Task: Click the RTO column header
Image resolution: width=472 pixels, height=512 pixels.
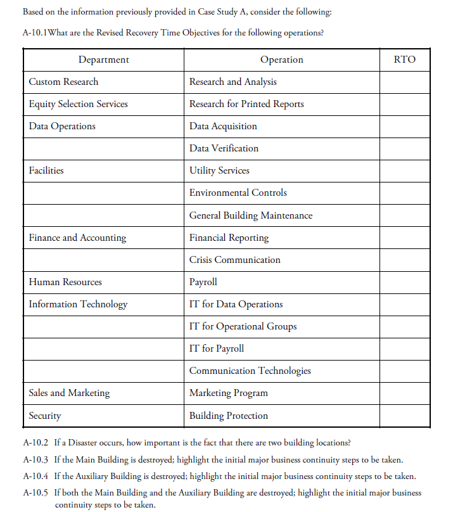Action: pos(404,60)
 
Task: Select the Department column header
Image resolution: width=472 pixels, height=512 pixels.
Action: pos(103,60)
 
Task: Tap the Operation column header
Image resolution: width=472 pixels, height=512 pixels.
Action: pos(281,60)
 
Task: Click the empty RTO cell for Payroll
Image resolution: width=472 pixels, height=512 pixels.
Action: pos(404,282)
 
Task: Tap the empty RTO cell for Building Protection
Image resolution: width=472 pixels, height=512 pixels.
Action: pos(404,416)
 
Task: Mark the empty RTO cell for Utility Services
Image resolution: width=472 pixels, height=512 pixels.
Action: pos(404,170)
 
